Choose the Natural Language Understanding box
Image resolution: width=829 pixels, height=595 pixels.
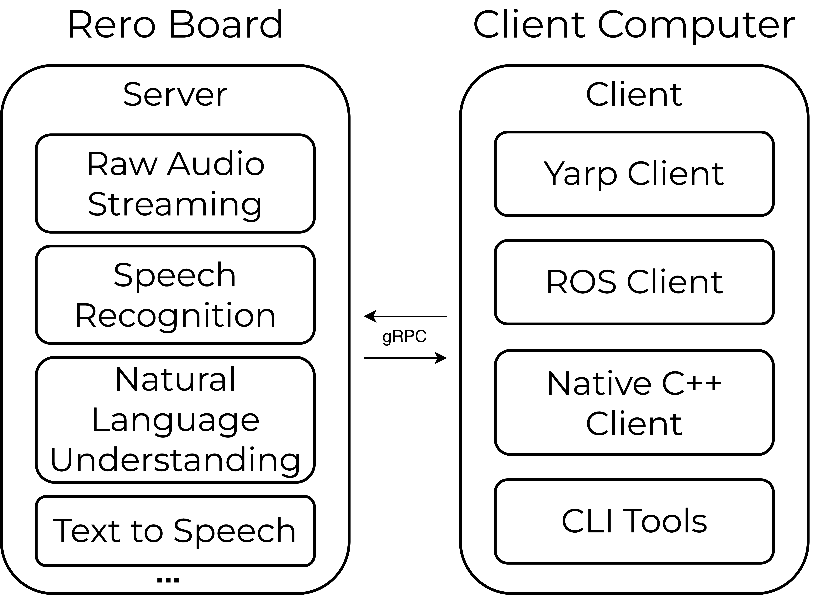pyautogui.click(x=175, y=420)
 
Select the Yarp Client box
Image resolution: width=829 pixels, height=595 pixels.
pyautogui.click(x=634, y=174)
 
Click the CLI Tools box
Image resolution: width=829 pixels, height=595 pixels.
pyautogui.click(x=634, y=521)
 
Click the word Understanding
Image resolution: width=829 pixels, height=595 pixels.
pyautogui.click(x=175, y=460)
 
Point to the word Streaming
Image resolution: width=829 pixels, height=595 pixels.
pyautogui.click(x=175, y=204)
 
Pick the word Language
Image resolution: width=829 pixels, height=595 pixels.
pyautogui.click(x=175, y=421)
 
